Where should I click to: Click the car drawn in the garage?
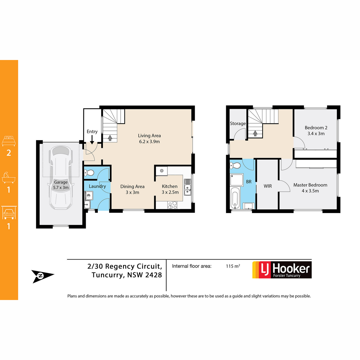tap(61, 178)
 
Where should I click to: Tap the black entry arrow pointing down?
tap(92, 139)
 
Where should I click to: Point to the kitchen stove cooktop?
tap(172, 205)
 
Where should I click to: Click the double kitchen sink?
tap(187, 187)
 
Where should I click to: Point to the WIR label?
tap(268, 186)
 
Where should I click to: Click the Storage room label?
tap(238, 124)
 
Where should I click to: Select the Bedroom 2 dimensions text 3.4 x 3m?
tap(316, 133)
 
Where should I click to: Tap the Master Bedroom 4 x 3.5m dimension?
tap(310, 191)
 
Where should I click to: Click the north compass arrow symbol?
tap(42, 276)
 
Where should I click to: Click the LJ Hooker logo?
tap(282, 270)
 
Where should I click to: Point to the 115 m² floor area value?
tap(233, 266)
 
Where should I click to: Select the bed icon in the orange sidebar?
tap(9, 141)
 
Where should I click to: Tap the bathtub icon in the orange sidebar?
tap(9, 177)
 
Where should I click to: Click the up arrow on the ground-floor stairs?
tap(110, 138)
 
